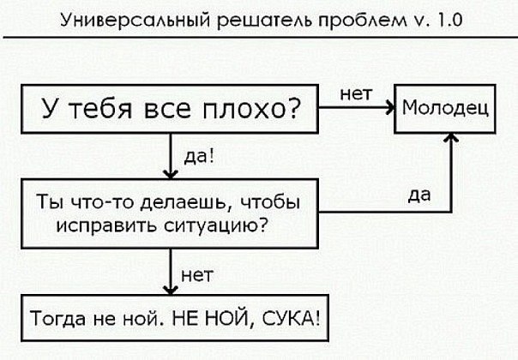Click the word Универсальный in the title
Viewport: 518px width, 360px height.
136,21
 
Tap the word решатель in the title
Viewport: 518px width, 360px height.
264,21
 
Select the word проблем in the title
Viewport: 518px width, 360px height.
363,21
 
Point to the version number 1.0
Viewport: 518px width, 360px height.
449,20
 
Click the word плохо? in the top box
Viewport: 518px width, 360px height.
251,109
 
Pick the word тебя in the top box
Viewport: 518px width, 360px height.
101,109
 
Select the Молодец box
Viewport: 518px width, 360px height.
445,109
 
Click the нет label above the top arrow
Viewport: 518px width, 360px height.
356,94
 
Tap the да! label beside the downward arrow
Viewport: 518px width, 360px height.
199,156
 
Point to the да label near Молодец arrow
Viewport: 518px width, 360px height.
419,195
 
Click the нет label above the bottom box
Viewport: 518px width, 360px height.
197,276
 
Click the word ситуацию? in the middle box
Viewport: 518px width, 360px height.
215,226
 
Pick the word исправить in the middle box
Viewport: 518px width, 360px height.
106,226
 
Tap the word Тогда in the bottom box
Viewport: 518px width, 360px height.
57,319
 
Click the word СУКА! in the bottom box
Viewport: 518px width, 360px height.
291,318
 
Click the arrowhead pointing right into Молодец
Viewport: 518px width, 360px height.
391,107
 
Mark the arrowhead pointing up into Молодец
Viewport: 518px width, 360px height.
451,137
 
